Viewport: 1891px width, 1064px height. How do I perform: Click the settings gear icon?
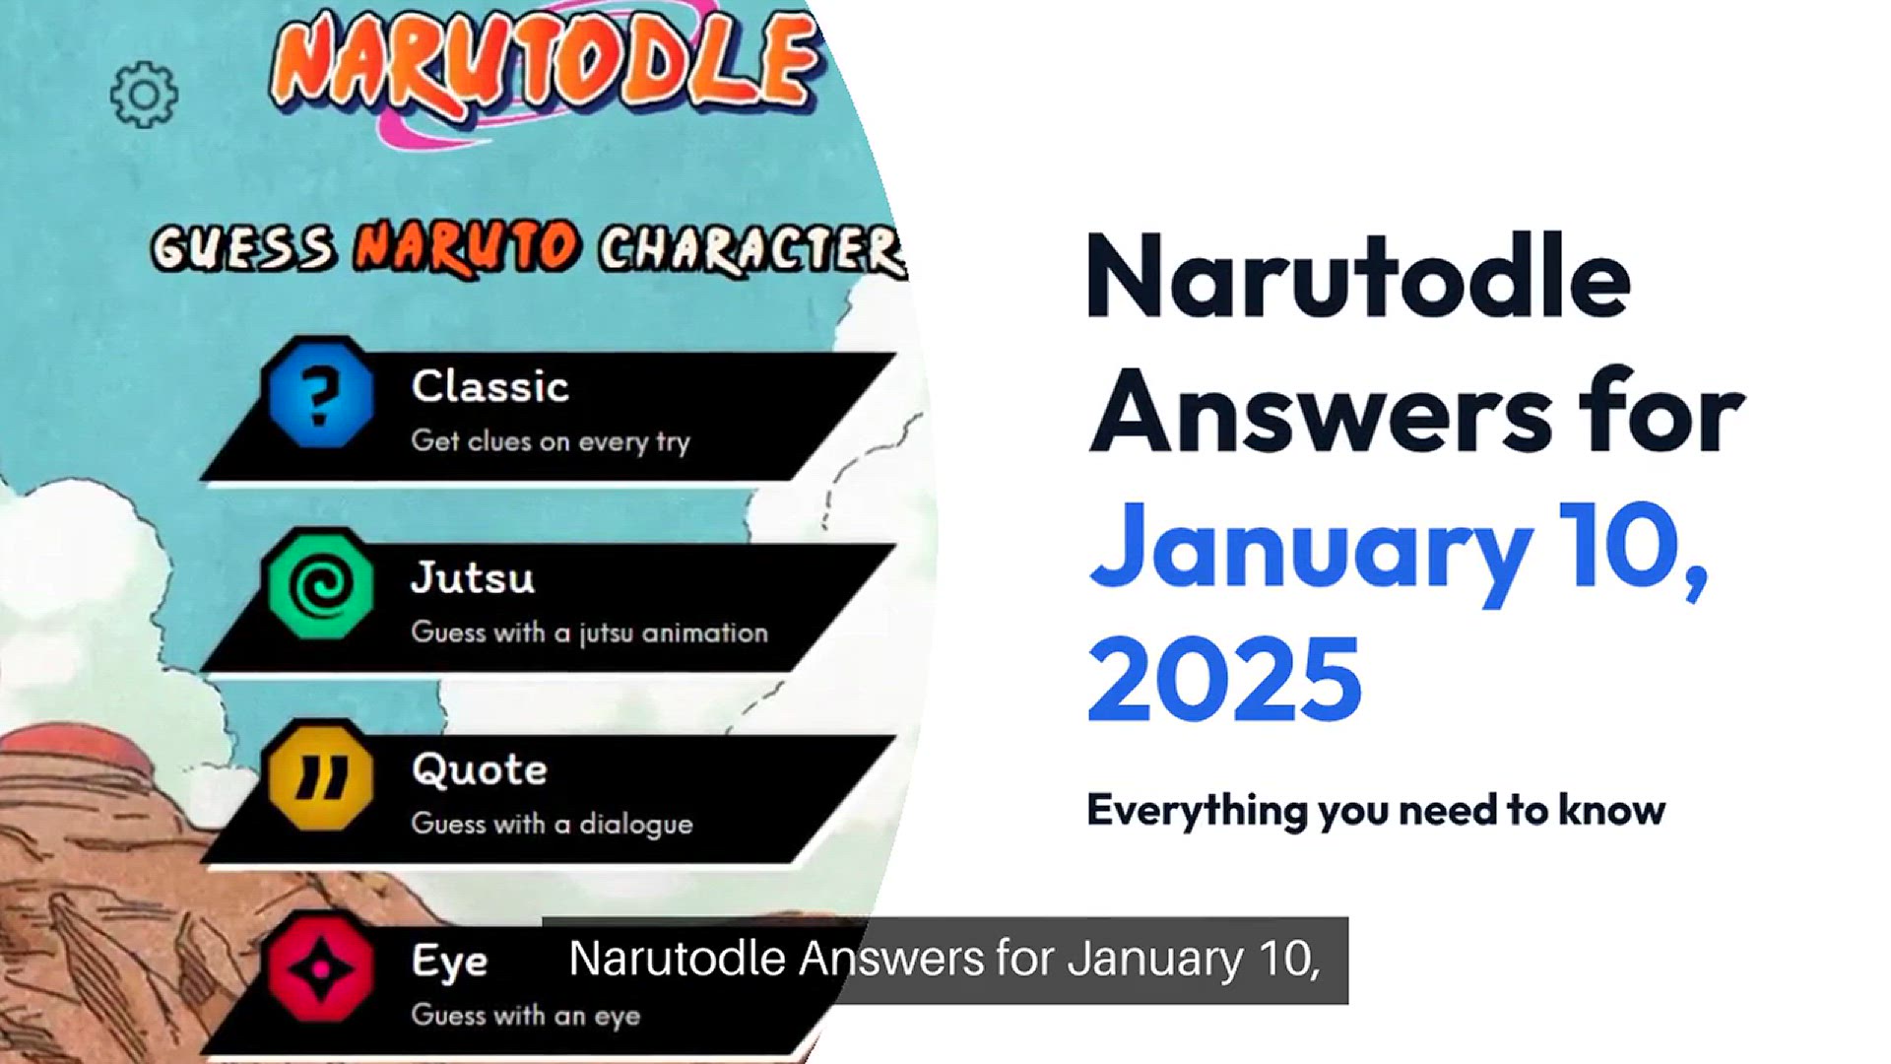(x=144, y=95)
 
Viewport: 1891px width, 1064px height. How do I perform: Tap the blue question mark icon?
(x=320, y=394)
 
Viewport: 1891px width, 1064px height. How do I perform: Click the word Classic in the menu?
(x=490, y=386)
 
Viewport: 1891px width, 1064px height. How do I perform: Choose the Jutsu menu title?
(x=473, y=577)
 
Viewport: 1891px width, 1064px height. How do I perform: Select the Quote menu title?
(x=480, y=769)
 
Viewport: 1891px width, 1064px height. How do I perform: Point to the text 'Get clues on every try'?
(x=551, y=440)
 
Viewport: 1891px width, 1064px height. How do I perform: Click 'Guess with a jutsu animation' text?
(x=589, y=632)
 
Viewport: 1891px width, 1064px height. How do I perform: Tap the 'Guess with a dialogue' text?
(x=552, y=823)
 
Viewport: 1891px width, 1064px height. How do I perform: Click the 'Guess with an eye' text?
(x=525, y=1015)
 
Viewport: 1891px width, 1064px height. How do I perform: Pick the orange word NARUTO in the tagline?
(x=466, y=246)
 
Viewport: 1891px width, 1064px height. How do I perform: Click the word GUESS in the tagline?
(x=243, y=248)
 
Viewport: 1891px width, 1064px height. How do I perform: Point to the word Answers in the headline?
(x=1320, y=414)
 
